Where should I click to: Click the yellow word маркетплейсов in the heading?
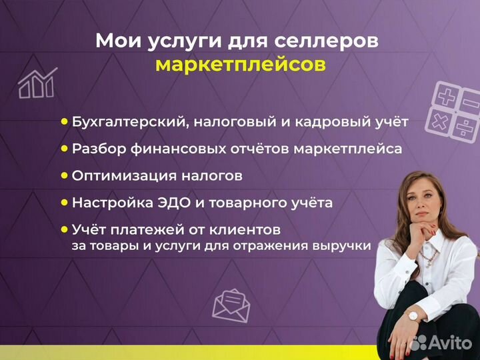241,65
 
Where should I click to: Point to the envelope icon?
231,305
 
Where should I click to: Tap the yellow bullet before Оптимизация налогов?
65,175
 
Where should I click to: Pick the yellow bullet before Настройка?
65,201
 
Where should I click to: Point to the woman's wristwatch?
413,316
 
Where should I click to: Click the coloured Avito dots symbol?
419,343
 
